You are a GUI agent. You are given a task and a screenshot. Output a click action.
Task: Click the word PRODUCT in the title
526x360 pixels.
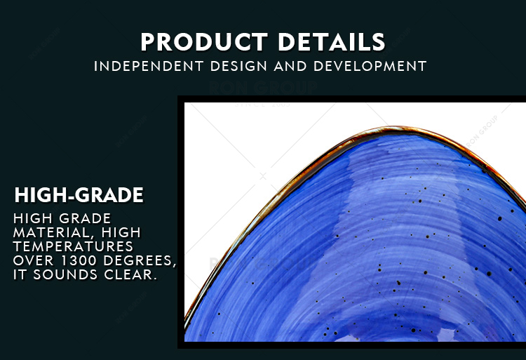(204, 42)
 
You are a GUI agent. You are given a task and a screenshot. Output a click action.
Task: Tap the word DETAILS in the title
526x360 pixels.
(332, 42)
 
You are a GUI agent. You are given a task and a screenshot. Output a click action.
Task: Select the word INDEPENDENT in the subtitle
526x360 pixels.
(149, 66)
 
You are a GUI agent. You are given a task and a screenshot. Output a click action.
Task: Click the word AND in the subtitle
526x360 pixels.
(290, 66)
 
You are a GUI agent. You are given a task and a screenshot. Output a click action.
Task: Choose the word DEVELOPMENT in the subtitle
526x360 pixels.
(370, 66)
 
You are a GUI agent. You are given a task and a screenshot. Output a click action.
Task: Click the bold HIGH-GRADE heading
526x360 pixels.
(79, 195)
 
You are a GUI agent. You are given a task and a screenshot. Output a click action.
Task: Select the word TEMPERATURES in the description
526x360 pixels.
(73, 246)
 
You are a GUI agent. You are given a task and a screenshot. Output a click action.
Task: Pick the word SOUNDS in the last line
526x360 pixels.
(65, 275)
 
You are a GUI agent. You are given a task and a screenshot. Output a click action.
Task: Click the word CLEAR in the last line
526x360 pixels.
(130, 275)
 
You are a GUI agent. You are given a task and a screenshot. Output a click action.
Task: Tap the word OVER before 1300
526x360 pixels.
(34, 260)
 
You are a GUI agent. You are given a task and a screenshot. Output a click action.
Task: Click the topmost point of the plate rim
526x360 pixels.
(394, 128)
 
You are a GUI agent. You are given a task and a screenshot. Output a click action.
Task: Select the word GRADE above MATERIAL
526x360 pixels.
(85, 218)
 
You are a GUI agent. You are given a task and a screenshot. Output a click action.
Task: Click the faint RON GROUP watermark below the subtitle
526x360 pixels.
(263, 88)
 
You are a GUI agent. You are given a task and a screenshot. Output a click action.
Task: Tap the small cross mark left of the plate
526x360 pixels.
(263, 176)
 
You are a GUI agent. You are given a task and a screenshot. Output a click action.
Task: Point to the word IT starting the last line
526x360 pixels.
(20, 275)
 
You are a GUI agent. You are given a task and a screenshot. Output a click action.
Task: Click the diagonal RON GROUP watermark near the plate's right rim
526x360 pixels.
(482, 131)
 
